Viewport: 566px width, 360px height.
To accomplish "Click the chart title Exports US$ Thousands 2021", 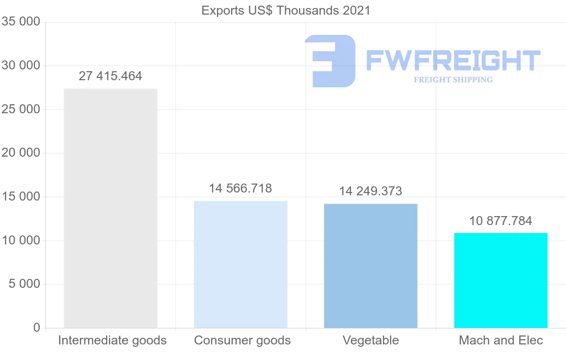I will pyautogui.click(x=286, y=10).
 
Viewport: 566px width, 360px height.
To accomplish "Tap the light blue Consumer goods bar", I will pyautogui.click(x=241, y=264).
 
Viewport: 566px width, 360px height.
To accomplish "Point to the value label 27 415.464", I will pyautogui.click(x=110, y=76).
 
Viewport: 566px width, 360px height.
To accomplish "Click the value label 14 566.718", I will pyautogui.click(x=241, y=188).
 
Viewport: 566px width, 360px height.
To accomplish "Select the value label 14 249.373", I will pyautogui.click(x=371, y=191).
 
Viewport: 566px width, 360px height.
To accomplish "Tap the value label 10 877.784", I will pyautogui.click(x=501, y=220).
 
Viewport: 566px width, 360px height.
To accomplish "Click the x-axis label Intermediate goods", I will pyautogui.click(x=112, y=340).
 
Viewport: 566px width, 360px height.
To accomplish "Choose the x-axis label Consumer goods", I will pyautogui.click(x=242, y=340).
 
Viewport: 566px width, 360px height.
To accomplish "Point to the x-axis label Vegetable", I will pyautogui.click(x=371, y=340).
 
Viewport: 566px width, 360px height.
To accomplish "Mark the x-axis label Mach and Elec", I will pyautogui.click(x=501, y=340).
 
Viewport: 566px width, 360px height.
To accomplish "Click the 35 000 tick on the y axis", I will pyautogui.click(x=21, y=22).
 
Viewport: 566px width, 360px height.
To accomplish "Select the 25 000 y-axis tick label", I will pyautogui.click(x=21, y=109).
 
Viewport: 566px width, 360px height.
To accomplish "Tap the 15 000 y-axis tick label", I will pyautogui.click(x=21, y=197).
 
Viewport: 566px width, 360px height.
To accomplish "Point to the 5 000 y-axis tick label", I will pyautogui.click(x=24, y=284).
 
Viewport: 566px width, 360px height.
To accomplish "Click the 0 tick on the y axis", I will pyautogui.click(x=37, y=328).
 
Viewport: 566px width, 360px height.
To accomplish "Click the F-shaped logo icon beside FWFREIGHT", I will pyautogui.click(x=330, y=61).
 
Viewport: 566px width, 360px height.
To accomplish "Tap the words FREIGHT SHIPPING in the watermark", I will pyautogui.click(x=453, y=80).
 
